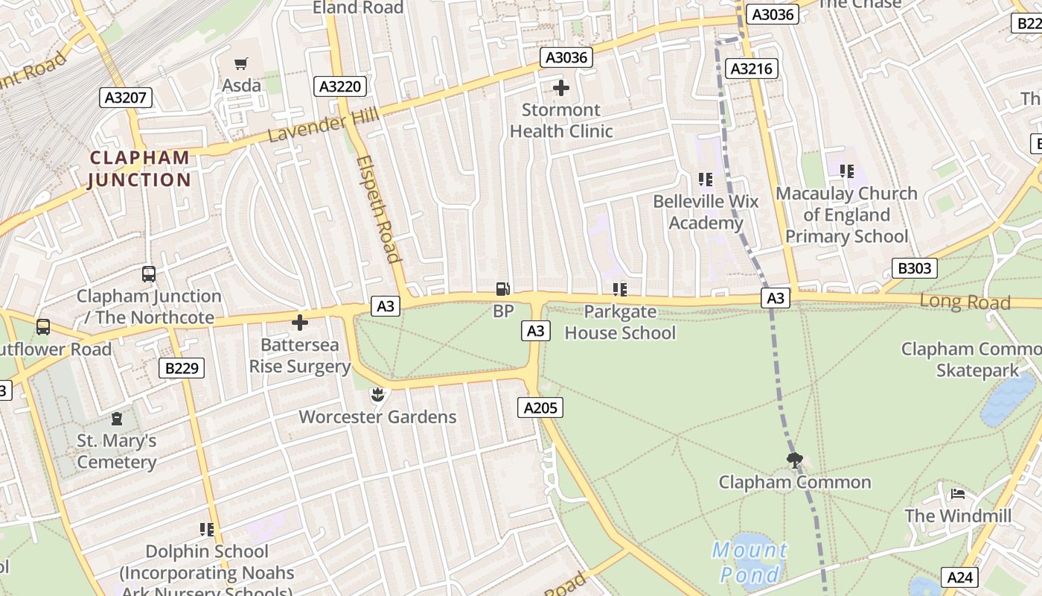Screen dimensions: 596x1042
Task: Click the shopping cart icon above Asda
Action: pyautogui.click(x=240, y=64)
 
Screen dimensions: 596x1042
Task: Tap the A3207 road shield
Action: pyautogui.click(x=126, y=98)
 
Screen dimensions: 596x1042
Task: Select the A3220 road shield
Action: pyautogui.click(x=340, y=86)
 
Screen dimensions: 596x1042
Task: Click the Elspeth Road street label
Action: pyautogui.click(x=379, y=209)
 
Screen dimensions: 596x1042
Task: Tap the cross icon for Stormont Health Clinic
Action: pyautogui.click(x=561, y=89)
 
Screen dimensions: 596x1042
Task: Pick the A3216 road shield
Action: pyautogui.click(x=752, y=69)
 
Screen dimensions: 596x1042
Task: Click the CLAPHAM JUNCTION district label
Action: pyautogui.click(x=140, y=169)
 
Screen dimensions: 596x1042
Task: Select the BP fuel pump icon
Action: pyautogui.click(x=504, y=289)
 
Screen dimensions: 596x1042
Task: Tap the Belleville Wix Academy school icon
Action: pyautogui.click(x=705, y=180)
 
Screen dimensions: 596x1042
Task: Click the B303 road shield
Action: pyautogui.click(x=914, y=268)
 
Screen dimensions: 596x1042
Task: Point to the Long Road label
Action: pyautogui.click(x=965, y=302)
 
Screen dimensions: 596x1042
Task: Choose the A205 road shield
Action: pyautogui.click(x=540, y=408)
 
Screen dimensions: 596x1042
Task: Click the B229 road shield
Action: pyautogui.click(x=182, y=367)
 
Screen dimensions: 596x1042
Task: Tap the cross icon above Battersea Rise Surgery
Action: pyautogui.click(x=300, y=323)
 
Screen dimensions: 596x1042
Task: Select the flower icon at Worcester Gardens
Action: pyautogui.click(x=377, y=393)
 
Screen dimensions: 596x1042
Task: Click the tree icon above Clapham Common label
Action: pyautogui.click(x=795, y=460)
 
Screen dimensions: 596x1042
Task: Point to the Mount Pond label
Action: pyautogui.click(x=749, y=562)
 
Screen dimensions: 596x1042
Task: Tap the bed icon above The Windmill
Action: pyautogui.click(x=958, y=494)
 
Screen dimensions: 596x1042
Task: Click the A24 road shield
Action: pyautogui.click(x=959, y=577)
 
